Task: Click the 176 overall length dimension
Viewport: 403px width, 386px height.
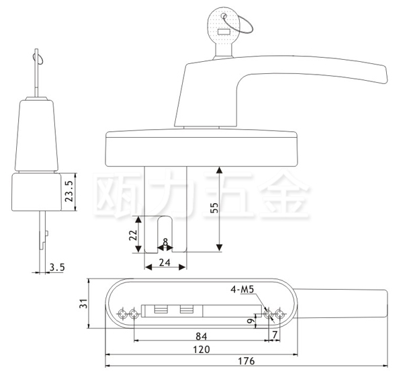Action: point(247,360)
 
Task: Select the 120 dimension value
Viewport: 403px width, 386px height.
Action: point(201,350)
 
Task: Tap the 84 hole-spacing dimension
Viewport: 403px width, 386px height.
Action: point(201,336)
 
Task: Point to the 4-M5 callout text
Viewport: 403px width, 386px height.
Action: point(242,289)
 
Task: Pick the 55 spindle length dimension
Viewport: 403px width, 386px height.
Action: point(214,208)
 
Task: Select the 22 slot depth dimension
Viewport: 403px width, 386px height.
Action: point(133,235)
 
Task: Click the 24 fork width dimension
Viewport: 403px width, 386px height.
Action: point(165,263)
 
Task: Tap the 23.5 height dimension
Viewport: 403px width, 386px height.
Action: point(69,191)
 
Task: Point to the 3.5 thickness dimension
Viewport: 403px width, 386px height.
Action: point(57,268)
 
